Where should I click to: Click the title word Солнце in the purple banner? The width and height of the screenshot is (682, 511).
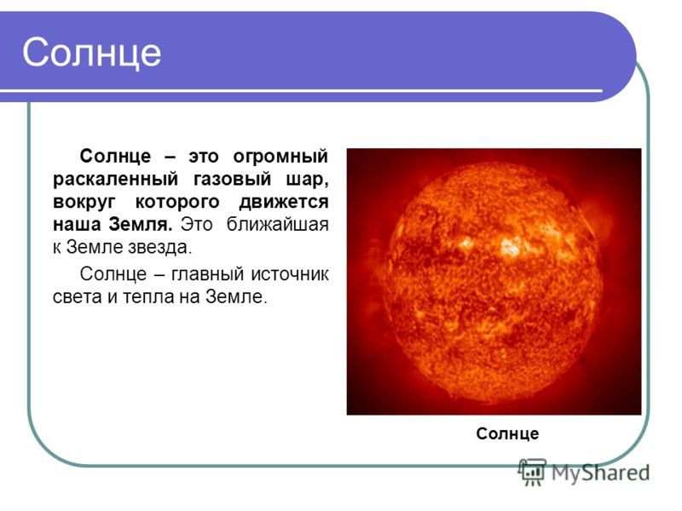click(92, 53)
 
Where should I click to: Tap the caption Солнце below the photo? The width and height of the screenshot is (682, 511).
click(507, 433)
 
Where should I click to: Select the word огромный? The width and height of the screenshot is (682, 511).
click(280, 157)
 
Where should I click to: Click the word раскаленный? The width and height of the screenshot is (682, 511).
click(116, 180)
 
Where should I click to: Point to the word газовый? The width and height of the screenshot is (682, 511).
click(232, 180)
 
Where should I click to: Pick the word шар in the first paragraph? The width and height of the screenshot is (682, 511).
click(307, 180)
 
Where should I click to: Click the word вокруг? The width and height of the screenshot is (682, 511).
click(84, 203)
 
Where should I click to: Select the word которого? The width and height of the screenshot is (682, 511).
click(177, 203)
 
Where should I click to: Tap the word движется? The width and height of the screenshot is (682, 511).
click(284, 203)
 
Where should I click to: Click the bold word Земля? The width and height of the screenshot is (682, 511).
click(141, 225)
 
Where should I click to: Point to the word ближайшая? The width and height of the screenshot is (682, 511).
click(277, 225)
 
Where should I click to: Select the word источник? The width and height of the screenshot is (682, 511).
click(290, 274)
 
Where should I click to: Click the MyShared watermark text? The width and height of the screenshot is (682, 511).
click(601, 474)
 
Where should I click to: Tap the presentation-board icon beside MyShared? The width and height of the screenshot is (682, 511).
click(532, 471)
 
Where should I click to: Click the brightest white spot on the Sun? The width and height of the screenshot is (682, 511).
click(510, 246)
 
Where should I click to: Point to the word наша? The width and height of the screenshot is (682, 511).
click(77, 226)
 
